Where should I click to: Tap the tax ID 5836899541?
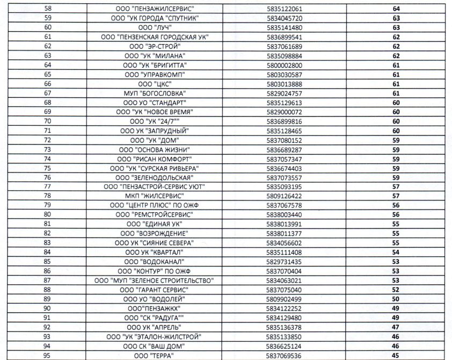point(284,37)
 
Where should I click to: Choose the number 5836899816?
point(284,121)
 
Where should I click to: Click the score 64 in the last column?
point(397,9)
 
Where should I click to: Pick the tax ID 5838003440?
point(284,215)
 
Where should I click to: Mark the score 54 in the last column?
point(397,252)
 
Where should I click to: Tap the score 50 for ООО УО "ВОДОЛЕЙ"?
point(397,299)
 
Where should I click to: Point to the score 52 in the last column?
point(397,290)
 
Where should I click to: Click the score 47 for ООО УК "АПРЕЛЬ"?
point(397,327)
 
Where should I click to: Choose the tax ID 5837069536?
point(284,355)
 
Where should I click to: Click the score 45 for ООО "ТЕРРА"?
point(397,355)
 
